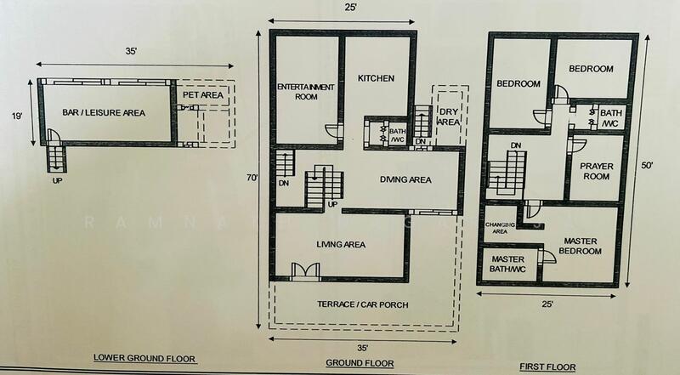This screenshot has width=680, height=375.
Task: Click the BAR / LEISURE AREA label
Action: coord(104,112)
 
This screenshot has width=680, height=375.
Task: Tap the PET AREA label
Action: coord(203,96)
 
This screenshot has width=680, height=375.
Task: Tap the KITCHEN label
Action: coord(377,78)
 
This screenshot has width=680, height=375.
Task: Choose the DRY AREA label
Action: coord(448,116)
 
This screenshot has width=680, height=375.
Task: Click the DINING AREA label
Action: coord(405,180)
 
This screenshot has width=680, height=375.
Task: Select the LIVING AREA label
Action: coord(341,245)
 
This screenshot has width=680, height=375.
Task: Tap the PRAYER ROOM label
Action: coord(597,171)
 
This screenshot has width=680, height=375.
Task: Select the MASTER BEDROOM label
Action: coord(581,247)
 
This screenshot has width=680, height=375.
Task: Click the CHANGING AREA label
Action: coord(497,226)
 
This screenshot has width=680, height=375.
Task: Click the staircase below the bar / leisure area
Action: coord(56,156)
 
